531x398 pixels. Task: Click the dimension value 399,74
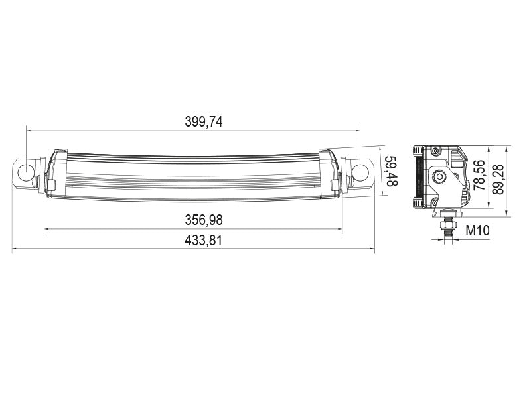tap(203, 122)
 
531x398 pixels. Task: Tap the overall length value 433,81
tap(203, 241)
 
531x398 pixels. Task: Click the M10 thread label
tap(477, 231)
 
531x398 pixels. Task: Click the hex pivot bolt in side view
tap(439, 176)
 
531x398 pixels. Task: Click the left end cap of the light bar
tap(56, 172)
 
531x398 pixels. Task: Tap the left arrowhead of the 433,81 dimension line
tap(15, 251)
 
